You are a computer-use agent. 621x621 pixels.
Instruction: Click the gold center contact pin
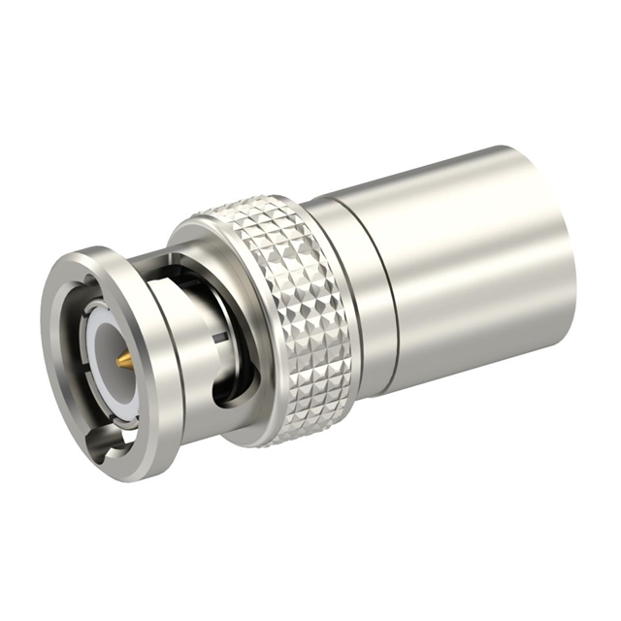pos(124,360)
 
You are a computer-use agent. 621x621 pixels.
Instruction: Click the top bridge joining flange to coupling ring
pos(146,257)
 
